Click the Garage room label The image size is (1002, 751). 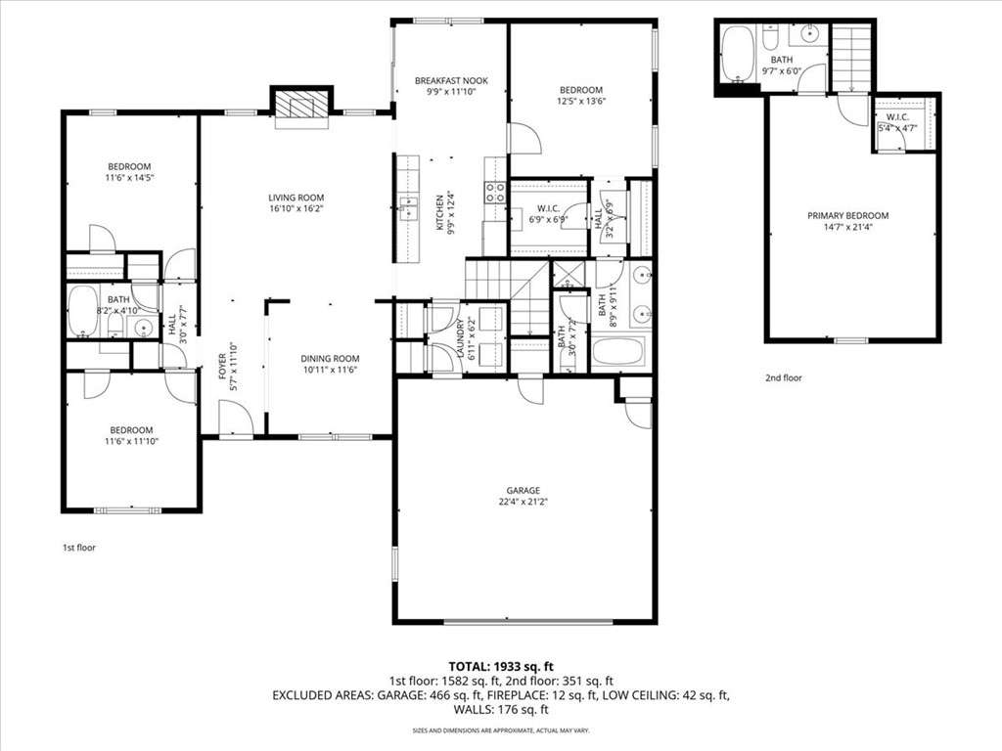coord(524,491)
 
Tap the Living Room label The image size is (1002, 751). coord(296,197)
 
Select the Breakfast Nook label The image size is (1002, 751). coord(450,80)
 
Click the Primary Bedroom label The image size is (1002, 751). coord(847,215)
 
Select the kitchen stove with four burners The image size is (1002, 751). coord(495,191)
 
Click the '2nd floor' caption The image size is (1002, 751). coord(783,377)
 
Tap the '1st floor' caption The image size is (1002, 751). coord(79,548)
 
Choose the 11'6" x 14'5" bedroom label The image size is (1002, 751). coord(130,166)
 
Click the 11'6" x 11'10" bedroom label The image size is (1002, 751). coord(130,430)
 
